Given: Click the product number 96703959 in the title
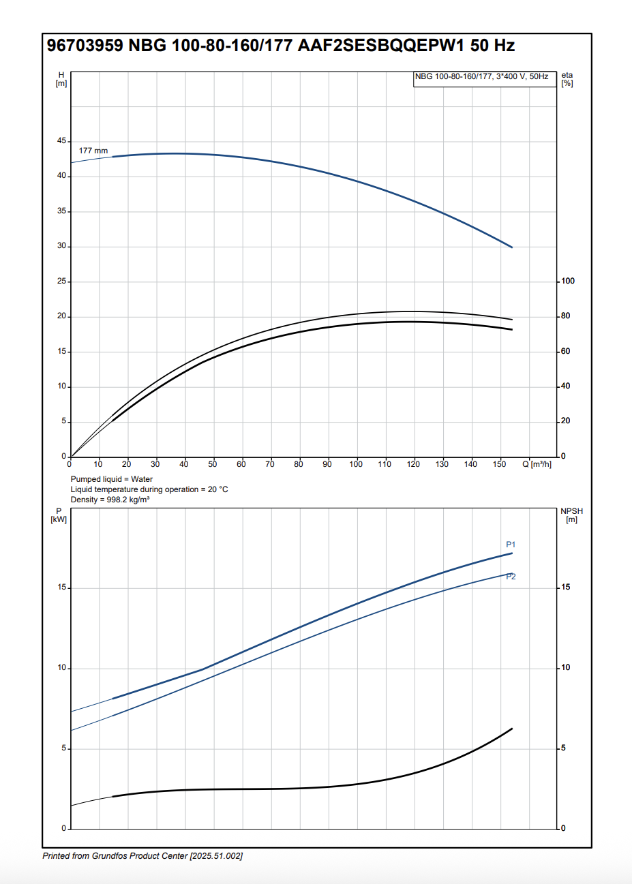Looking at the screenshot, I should (85, 46).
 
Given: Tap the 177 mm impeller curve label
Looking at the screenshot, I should (93, 151).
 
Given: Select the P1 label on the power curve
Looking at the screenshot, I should (511, 545).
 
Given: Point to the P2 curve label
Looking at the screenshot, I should (511, 577).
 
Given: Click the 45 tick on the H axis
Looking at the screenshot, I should (62, 141).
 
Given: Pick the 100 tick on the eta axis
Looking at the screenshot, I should (567, 281).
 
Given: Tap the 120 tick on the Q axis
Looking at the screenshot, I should (414, 464).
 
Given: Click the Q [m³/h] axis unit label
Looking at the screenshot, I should (537, 464).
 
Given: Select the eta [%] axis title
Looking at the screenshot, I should (567, 79).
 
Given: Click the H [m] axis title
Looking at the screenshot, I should (61, 79).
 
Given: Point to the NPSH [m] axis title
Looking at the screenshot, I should (571, 515).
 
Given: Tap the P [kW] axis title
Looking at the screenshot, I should (59, 515).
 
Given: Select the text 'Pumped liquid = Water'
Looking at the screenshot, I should (112, 479).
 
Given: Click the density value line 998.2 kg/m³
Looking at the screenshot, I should (110, 500).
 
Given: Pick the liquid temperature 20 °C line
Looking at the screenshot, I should (149, 489).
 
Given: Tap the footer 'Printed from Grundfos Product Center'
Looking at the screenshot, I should (142, 856).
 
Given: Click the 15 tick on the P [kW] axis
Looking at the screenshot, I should (62, 588).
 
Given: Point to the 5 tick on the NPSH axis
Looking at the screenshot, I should (563, 748).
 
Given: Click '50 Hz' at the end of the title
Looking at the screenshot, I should (492, 46).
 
